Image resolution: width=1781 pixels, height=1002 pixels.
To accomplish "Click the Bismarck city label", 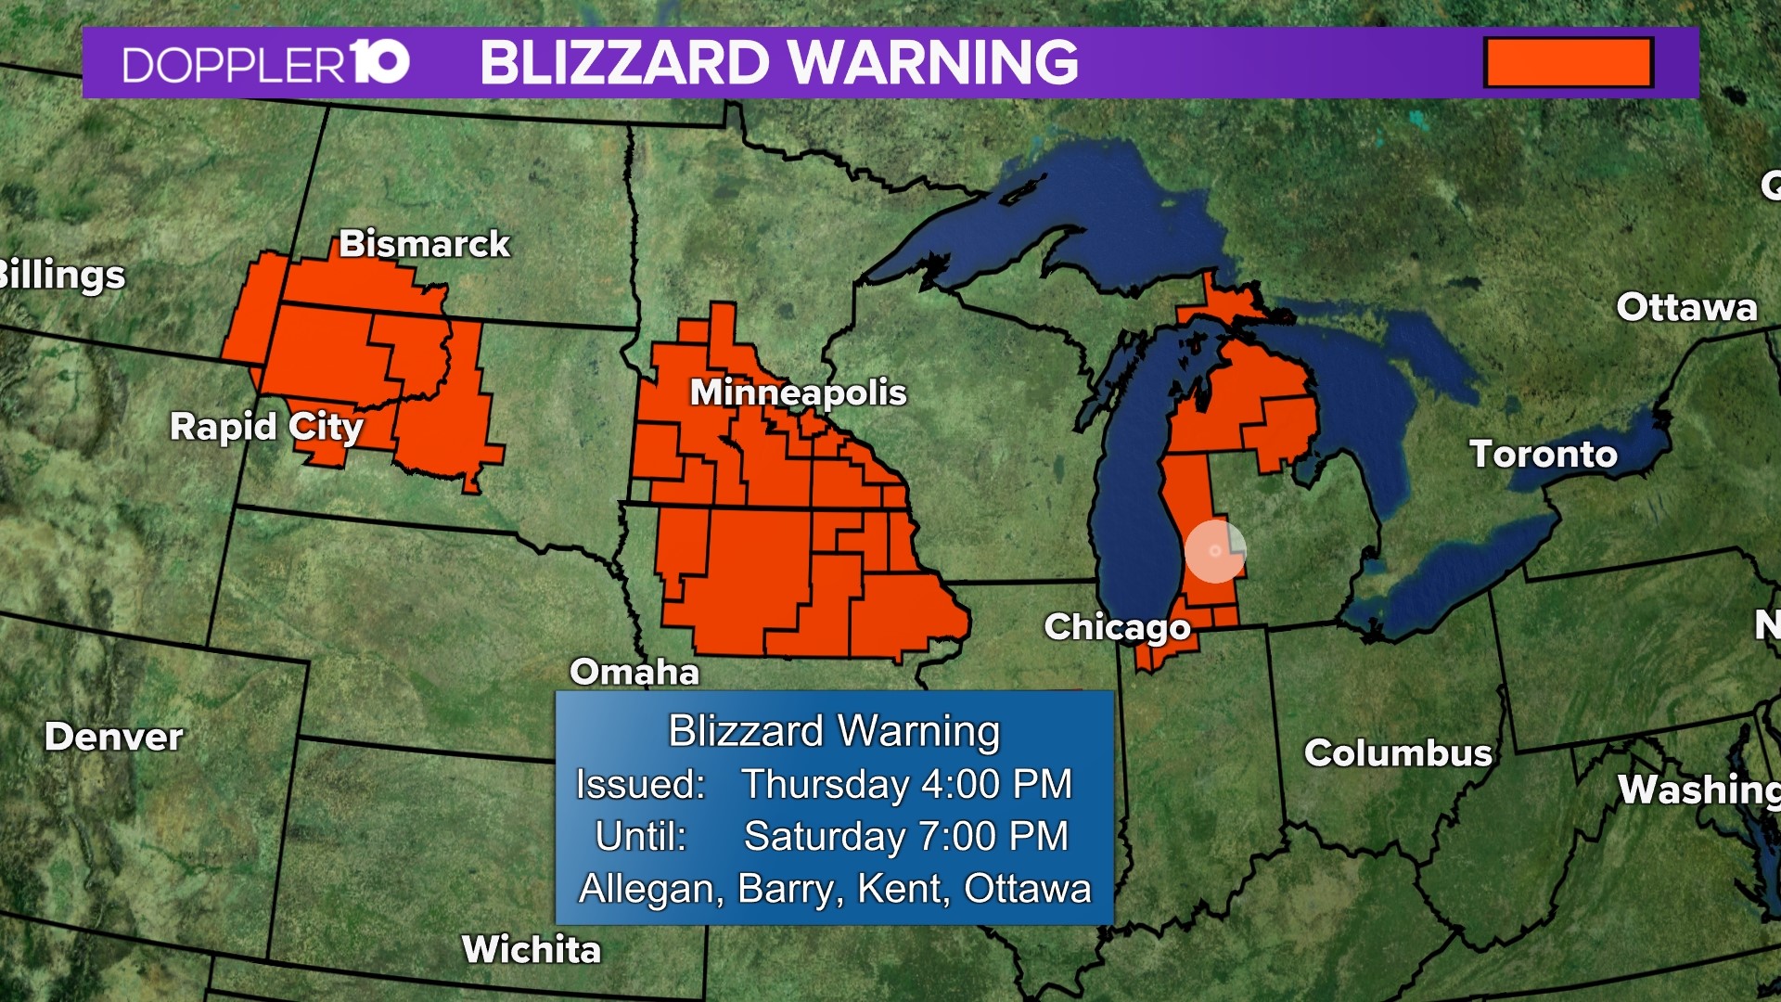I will (424, 244).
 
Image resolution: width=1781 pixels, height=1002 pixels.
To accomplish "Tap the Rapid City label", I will (266, 427).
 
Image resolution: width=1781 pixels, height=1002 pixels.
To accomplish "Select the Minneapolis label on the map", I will (798, 392).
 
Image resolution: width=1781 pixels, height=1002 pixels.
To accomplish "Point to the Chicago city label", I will (1117, 627).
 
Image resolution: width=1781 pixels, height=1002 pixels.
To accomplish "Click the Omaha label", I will (634, 672).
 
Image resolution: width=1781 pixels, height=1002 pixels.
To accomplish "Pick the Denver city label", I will (113, 737).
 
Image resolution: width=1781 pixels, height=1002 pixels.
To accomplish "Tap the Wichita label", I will (532, 949).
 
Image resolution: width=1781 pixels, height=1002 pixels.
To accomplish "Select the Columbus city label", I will (1398, 753).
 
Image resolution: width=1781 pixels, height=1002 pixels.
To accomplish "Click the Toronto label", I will (1543, 455).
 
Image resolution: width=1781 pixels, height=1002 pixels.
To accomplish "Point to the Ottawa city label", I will (1686, 307).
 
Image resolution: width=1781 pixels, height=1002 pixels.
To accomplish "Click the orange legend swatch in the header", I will (1568, 62).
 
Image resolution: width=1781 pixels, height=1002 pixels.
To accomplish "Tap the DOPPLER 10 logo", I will (265, 63).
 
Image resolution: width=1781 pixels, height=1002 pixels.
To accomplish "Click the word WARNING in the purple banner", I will (935, 63).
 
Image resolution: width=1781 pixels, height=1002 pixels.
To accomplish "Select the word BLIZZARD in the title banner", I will (624, 63).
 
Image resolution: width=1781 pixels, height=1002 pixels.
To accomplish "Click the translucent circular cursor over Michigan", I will (1214, 551).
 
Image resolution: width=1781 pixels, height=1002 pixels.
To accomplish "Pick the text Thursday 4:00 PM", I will (906, 784).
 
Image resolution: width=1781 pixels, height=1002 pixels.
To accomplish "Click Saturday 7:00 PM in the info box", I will (906, 836).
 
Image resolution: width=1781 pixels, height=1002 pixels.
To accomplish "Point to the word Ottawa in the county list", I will (1027, 889).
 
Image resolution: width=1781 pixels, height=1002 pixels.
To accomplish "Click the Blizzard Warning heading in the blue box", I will (834, 731).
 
